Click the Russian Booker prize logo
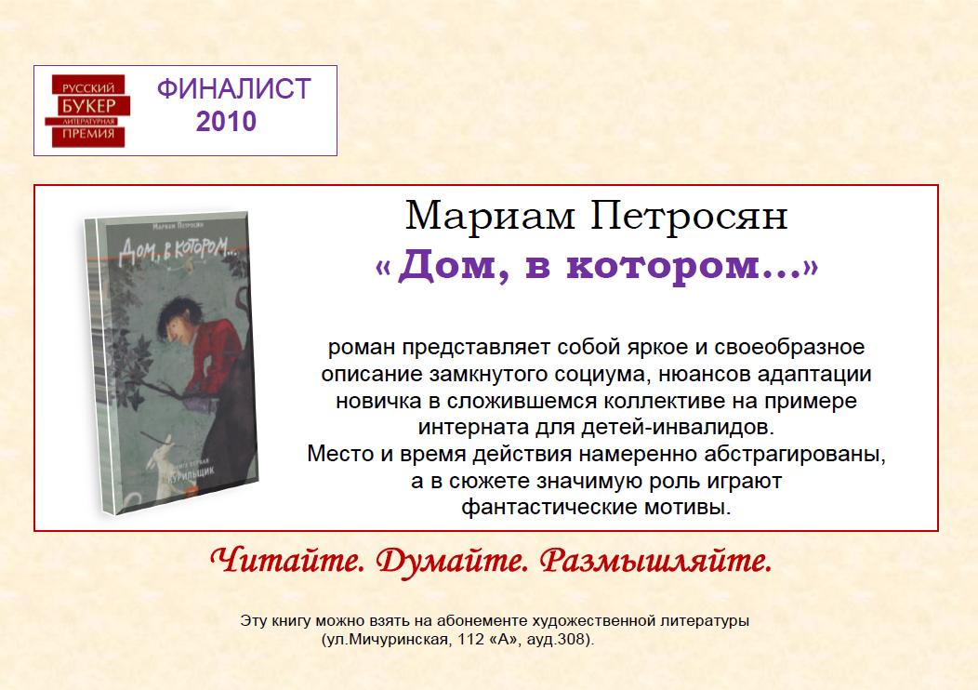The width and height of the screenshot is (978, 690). (87, 111)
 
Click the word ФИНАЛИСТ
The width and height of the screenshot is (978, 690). (234, 88)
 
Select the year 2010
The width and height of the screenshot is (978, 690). (226, 122)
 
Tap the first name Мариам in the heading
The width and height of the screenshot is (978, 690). (489, 217)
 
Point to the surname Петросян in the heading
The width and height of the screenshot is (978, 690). (689, 217)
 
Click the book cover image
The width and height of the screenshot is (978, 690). (172, 364)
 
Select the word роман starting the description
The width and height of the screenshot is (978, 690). (362, 348)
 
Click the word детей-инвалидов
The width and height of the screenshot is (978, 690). (678, 428)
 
